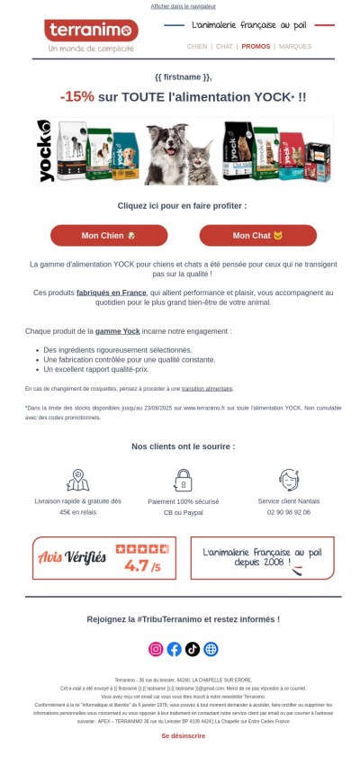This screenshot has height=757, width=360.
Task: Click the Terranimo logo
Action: point(90,32)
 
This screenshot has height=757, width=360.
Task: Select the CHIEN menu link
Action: point(197,46)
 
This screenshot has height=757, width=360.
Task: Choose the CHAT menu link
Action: point(224,46)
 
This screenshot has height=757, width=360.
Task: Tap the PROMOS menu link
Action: point(256,46)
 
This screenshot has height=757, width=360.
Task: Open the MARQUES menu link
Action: point(295,46)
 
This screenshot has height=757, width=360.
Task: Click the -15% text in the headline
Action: point(77,96)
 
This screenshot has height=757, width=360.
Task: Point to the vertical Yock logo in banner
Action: point(45,150)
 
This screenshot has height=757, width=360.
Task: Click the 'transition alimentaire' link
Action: point(207,389)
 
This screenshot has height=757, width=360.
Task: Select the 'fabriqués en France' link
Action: point(112,293)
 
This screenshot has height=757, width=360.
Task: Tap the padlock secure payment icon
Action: point(183,480)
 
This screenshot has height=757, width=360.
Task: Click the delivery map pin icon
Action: point(77,480)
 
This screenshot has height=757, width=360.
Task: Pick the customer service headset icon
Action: point(289,480)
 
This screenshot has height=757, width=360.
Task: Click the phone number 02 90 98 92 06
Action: point(289,511)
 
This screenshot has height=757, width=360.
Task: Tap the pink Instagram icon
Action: point(156,649)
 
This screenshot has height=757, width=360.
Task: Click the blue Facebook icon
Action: point(175,649)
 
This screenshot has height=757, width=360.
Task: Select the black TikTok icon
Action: point(193,649)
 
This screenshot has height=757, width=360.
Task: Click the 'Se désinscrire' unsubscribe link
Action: point(183,735)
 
